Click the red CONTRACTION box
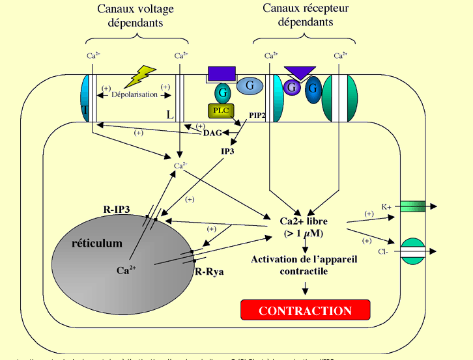coord(305,311)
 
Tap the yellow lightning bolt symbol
coord(140,76)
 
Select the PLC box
coord(222,110)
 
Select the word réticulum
coord(96,243)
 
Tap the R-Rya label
coord(210,271)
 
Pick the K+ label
coord(386,206)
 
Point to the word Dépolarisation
coord(135,94)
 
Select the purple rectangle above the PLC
coord(221,74)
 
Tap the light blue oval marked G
coord(249,85)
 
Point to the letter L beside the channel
coord(170,115)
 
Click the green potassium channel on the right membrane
coord(412,206)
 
